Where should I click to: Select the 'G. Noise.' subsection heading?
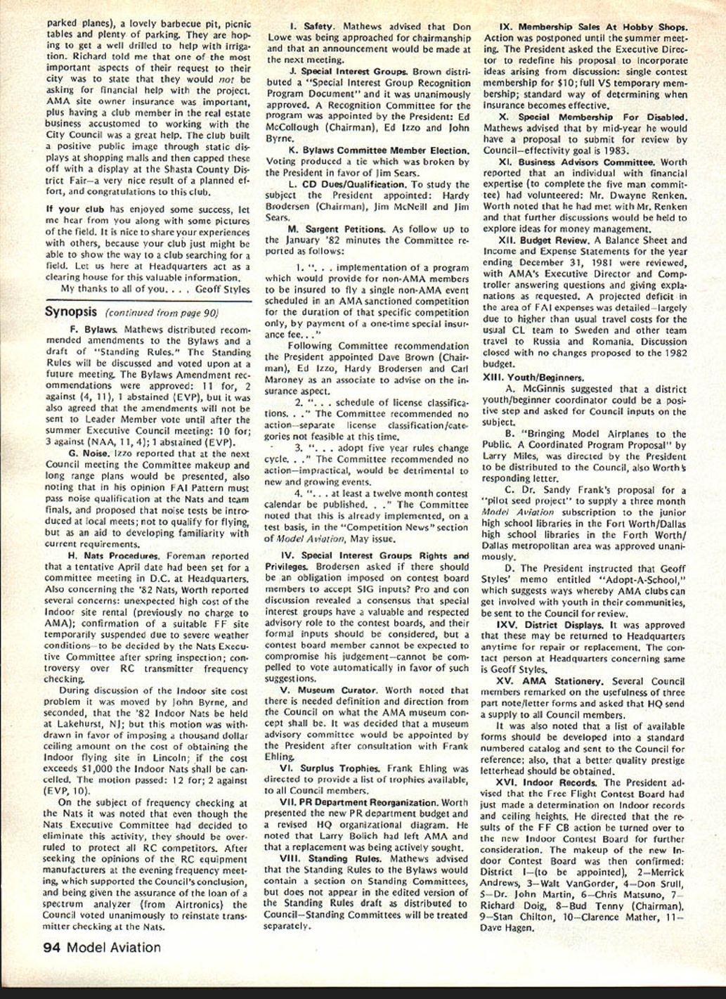point(84,453)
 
